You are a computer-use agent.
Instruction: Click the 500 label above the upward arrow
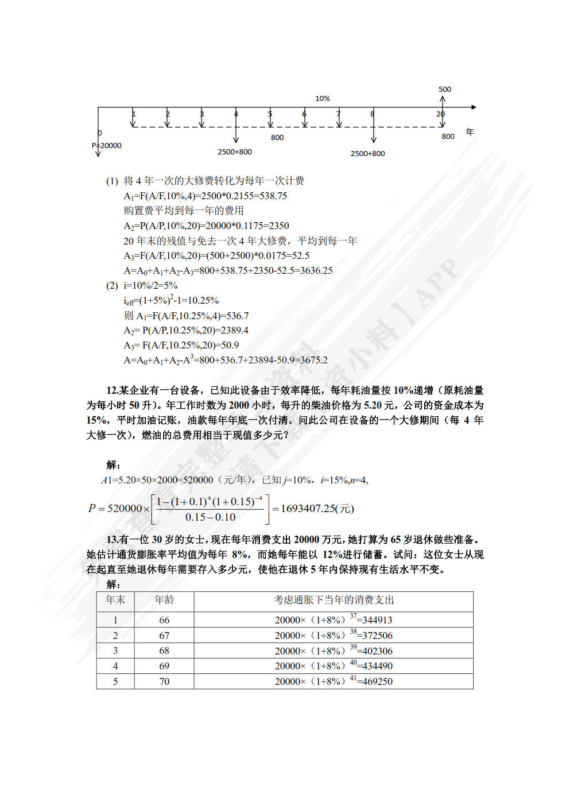445,89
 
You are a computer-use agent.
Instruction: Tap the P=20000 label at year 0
107,145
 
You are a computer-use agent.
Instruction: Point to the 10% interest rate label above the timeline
323,98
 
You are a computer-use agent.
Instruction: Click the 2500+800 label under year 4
235,152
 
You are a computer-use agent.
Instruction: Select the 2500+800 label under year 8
368,153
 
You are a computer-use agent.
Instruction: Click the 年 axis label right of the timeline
470,132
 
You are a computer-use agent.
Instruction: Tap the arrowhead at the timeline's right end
473,107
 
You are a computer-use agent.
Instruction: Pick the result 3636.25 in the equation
315,270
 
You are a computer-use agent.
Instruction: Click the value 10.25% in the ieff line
201,300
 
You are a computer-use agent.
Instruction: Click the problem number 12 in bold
113,390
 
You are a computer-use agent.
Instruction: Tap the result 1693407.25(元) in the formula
317,508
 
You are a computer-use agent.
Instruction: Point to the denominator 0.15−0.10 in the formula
210,517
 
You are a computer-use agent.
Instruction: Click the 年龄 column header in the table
164,600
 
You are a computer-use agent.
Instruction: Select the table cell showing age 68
164,650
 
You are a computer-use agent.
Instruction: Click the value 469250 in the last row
378,681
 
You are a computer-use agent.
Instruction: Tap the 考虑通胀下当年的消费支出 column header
334,600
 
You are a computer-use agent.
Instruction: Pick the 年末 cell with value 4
115,666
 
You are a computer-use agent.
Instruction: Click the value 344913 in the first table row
377,620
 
